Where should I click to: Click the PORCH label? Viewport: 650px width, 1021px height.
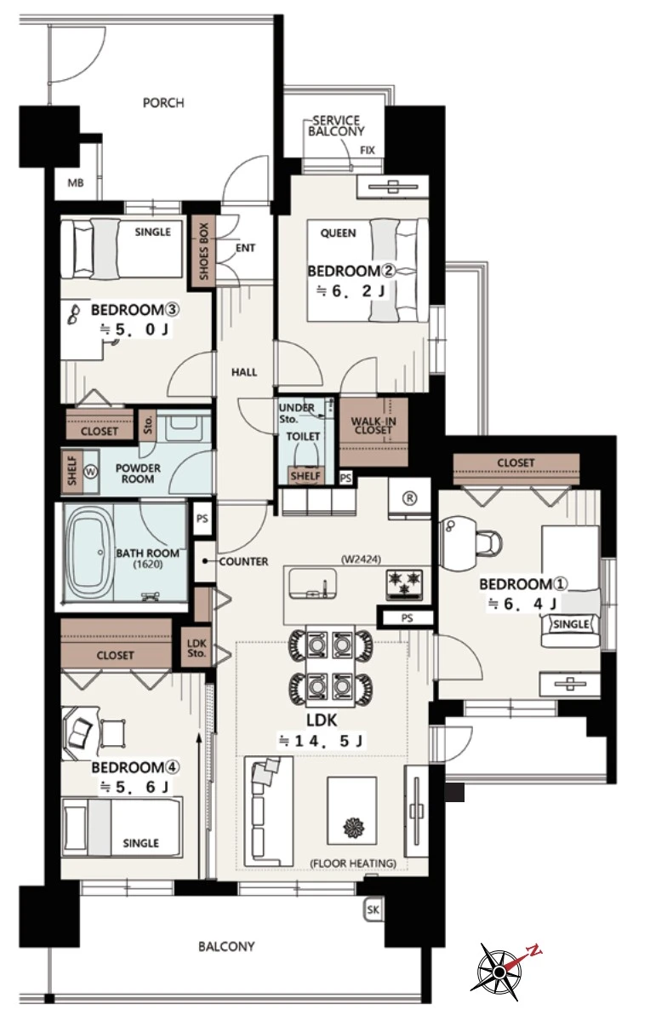163,103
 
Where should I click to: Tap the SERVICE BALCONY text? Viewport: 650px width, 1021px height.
336,126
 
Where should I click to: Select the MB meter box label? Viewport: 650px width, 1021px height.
76,184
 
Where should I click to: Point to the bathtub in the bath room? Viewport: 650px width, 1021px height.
89,554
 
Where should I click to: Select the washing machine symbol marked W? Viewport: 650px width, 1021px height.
90,471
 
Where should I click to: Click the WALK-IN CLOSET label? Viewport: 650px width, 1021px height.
374,425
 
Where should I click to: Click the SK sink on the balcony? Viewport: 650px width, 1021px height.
373,909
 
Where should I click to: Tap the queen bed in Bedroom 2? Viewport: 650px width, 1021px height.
368,270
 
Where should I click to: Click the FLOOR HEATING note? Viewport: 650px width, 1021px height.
353,863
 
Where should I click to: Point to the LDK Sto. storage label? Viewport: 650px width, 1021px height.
197,648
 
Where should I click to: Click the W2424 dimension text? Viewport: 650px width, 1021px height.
361,559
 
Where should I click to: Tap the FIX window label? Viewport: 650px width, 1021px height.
368,151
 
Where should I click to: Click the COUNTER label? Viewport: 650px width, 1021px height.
243,561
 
